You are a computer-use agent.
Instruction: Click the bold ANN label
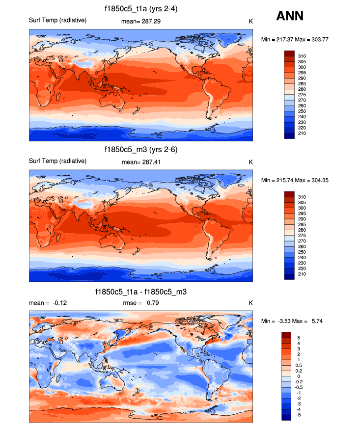point(290,16)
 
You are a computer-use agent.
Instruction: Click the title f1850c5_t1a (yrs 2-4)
point(141,9)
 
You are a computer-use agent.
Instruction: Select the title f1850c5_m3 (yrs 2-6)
point(141,150)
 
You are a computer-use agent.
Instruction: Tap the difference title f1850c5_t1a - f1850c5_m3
point(141,292)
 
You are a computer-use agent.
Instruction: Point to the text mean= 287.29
point(141,22)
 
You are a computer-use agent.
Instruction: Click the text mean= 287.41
point(141,162)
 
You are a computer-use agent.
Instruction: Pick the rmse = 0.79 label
point(140,303)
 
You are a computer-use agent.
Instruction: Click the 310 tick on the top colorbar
point(303,56)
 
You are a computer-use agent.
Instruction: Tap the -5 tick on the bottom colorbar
point(300,415)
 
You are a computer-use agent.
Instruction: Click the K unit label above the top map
point(251,22)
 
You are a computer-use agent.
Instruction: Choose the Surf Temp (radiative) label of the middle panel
point(58,161)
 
